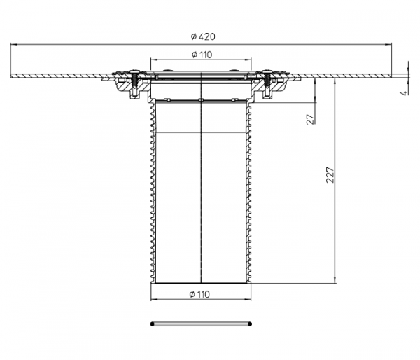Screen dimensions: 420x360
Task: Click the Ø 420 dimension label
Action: [203, 36]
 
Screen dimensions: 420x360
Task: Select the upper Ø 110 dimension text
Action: [202, 55]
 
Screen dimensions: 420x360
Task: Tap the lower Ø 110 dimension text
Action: [199, 294]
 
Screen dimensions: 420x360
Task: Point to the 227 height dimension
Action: [330, 175]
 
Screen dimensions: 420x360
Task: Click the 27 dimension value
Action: [310, 119]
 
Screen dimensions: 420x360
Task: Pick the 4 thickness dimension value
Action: [403, 92]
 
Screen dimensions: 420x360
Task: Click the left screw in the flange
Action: [134, 82]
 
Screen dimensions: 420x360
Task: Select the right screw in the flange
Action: [267, 82]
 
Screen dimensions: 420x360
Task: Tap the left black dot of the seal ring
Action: [152, 324]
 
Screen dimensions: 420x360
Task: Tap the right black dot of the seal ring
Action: [250, 324]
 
